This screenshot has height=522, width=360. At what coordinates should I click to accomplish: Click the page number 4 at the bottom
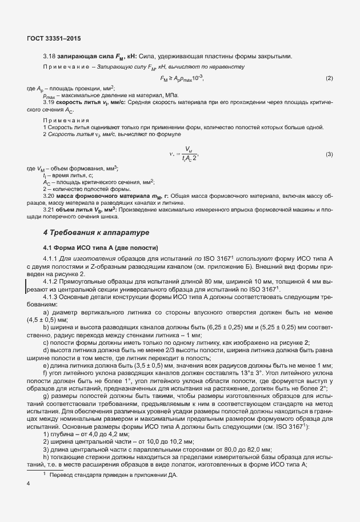pyautogui.click(x=29, y=484)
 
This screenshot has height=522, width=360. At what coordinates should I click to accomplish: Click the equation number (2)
pyautogui.click(x=329, y=78)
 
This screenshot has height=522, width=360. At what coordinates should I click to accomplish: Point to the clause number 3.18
pyautogui.click(x=49, y=56)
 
